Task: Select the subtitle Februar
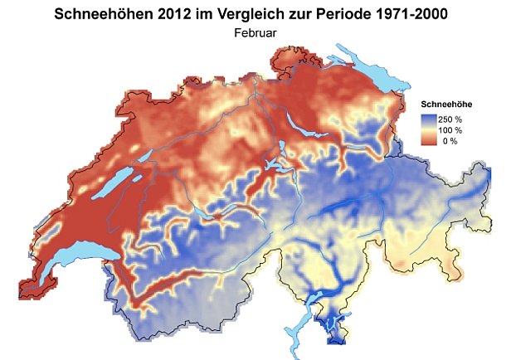pyautogui.click(x=255, y=34)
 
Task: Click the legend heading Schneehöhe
pyautogui.click(x=447, y=105)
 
